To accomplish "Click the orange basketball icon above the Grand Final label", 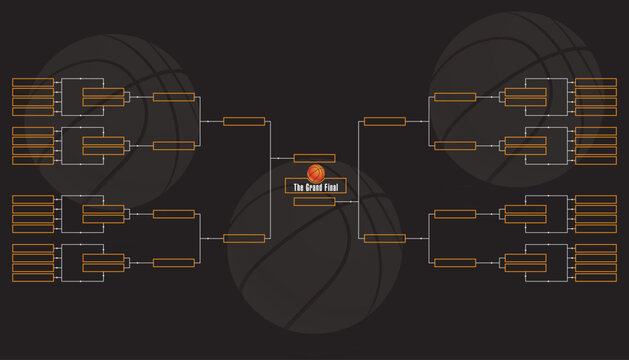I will [315, 173].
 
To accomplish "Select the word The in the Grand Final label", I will [297, 187].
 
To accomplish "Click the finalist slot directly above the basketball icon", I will [314, 158].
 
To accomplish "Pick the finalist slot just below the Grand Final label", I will [314, 202].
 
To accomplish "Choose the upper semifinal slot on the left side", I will [244, 121].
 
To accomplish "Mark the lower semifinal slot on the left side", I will [244, 238].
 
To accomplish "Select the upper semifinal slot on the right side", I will [384, 121].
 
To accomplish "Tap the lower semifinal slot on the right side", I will [384, 238].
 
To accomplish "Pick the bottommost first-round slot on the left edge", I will [33, 277].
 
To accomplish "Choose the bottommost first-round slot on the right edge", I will [596, 277].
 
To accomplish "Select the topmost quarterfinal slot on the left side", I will [174, 97].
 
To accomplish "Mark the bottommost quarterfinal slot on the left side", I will [174, 262].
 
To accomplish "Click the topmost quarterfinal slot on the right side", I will [455, 97].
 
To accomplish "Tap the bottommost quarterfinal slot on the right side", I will [455, 262].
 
